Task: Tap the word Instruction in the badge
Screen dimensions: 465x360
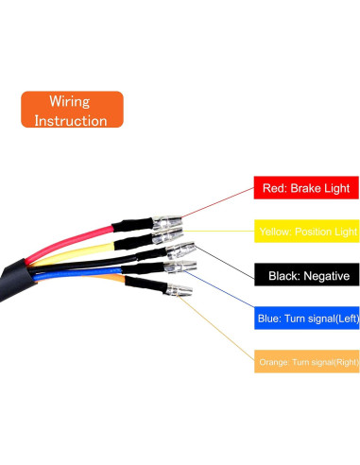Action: point(71,120)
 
